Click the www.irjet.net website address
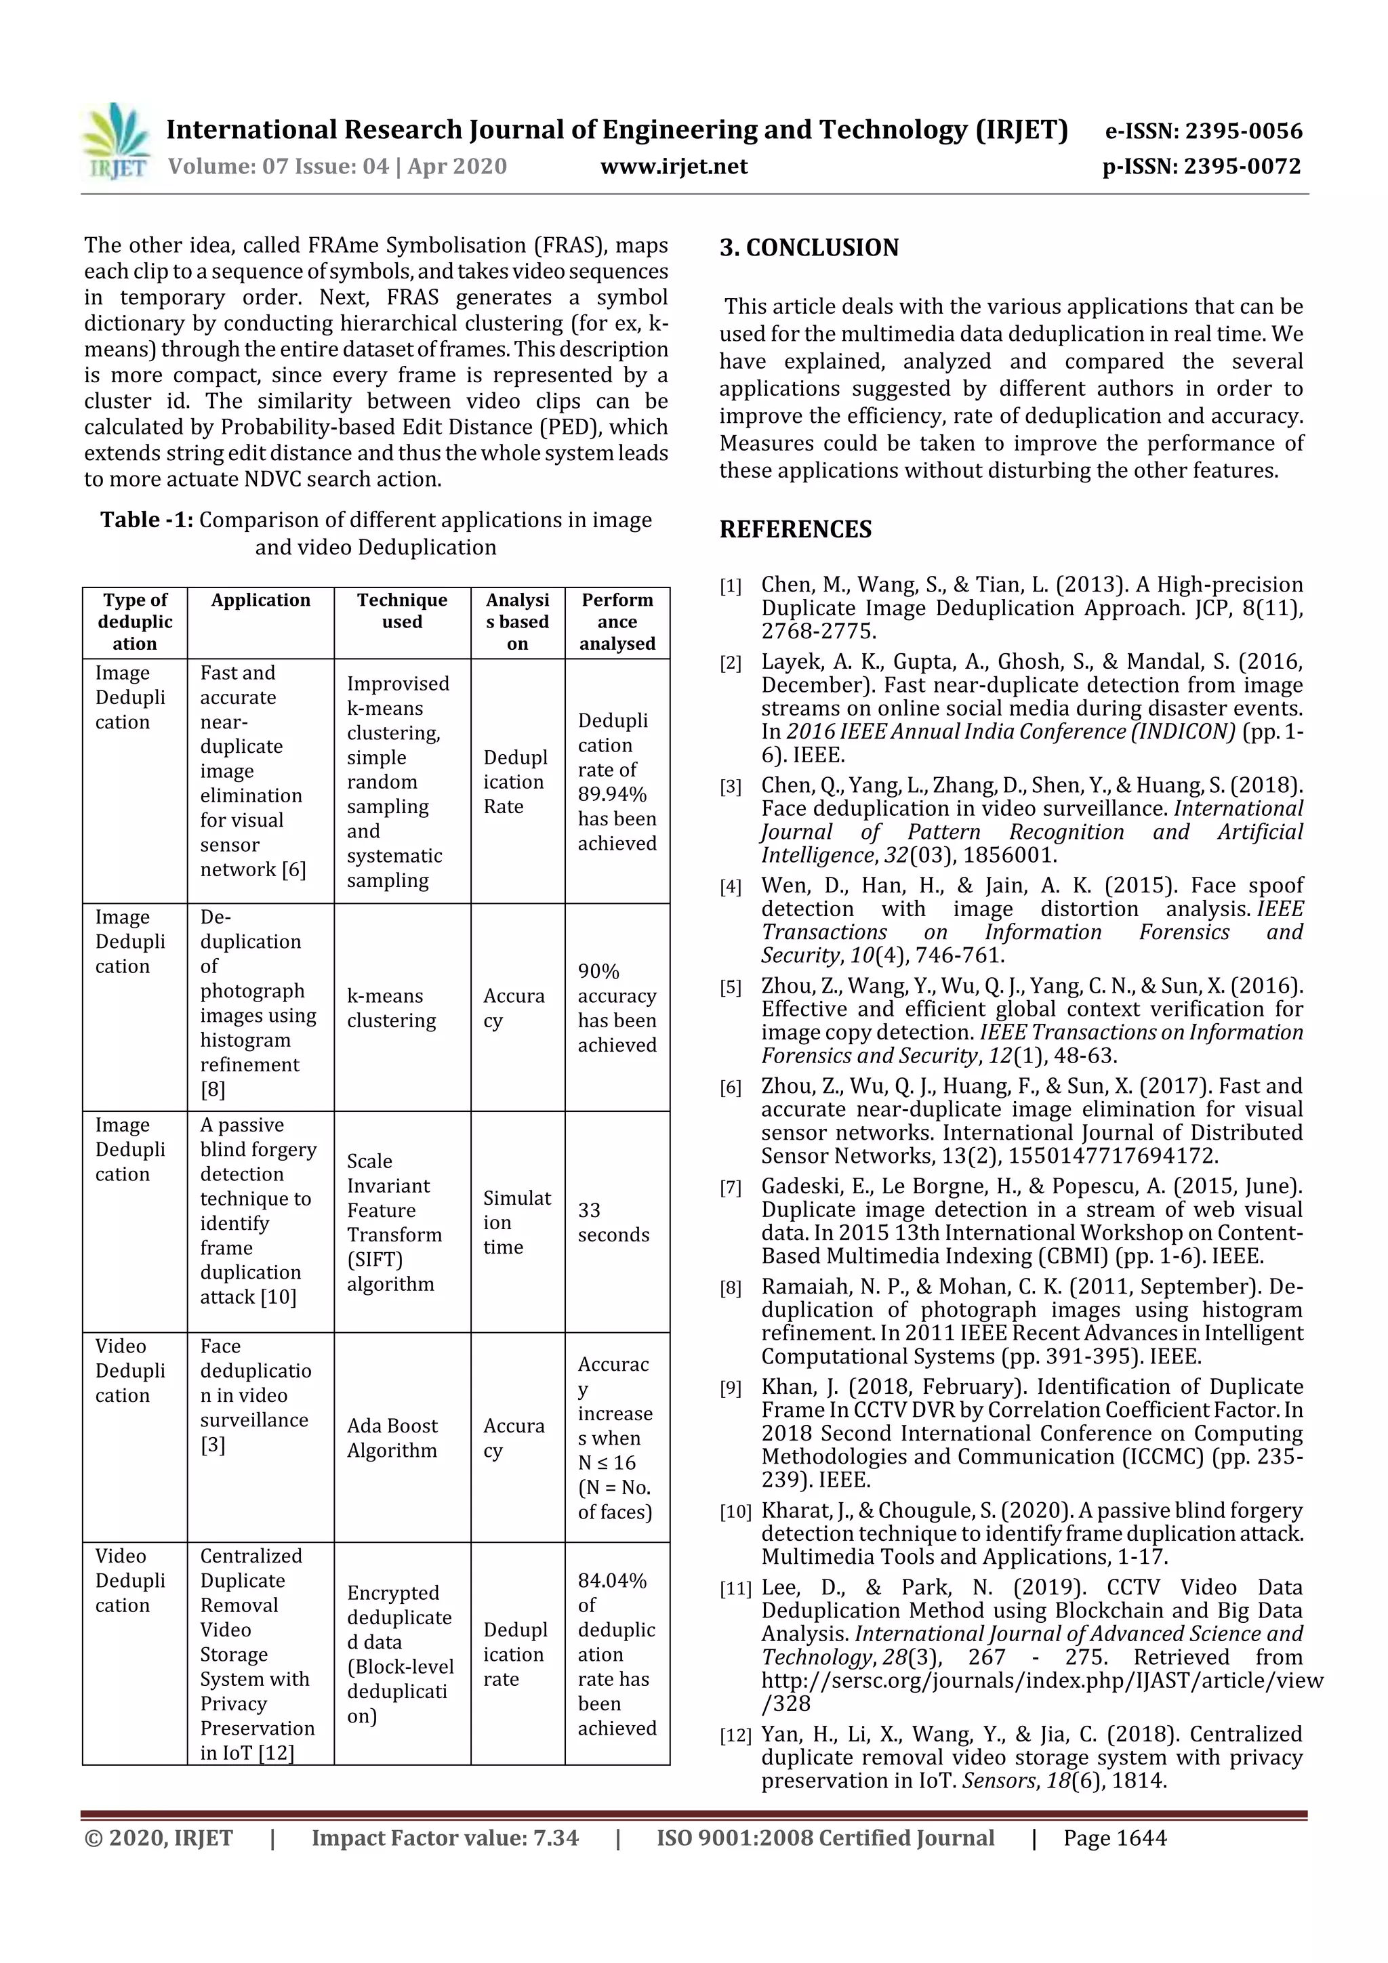point(674,167)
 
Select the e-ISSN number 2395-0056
point(1203,131)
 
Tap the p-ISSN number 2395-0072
point(1201,167)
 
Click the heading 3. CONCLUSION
point(809,248)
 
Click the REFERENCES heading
point(796,529)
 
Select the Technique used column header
point(402,611)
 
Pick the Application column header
point(261,600)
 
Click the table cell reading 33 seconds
point(613,1222)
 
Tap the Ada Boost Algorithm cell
point(392,1437)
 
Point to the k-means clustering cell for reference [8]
point(392,1008)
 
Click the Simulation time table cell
point(516,1222)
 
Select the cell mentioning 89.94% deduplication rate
point(617,781)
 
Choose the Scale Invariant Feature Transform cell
point(394,1222)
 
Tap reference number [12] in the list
point(735,1735)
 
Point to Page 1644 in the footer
point(1114,1838)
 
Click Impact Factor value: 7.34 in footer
point(445,1838)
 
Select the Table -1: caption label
point(146,520)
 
